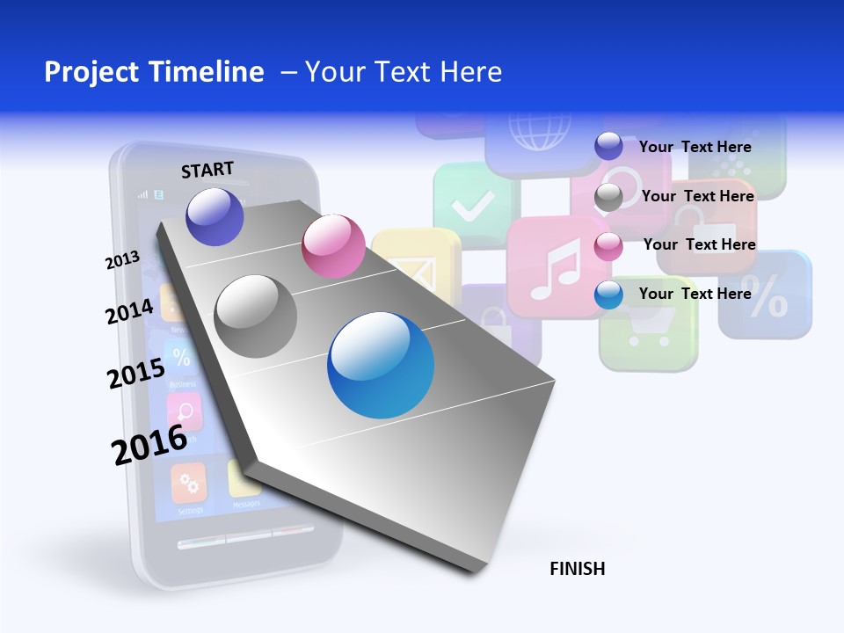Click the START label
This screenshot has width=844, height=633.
point(207,170)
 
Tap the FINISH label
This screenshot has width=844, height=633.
point(577,569)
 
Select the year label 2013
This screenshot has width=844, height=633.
point(122,260)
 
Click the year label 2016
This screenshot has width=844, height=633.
point(149,444)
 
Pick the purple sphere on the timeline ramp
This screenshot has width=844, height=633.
point(215,216)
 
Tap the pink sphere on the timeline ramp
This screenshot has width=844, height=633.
point(333,246)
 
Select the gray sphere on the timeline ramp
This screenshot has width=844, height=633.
point(256,316)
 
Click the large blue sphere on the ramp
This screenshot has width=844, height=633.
point(381,365)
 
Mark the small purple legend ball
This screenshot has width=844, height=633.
point(608,146)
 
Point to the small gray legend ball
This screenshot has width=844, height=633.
point(608,197)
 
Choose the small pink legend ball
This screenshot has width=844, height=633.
point(608,246)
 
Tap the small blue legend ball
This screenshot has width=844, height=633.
point(608,295)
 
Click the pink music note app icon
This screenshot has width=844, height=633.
point(554,266)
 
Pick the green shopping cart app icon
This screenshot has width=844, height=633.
point(648,325)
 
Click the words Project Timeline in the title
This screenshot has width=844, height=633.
point(154,72)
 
